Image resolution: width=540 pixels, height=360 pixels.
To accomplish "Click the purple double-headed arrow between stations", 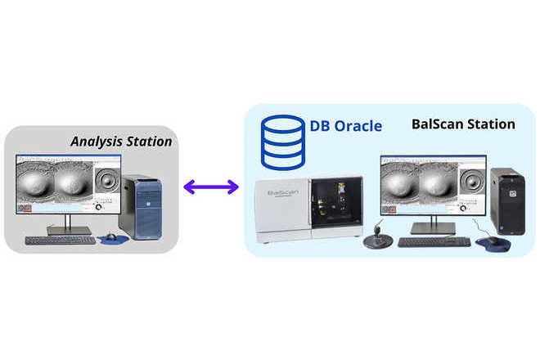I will [210, 187].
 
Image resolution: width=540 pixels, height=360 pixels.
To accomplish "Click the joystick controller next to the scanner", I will [380, 236].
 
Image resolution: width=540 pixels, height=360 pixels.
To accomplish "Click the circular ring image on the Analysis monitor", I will [107, 180].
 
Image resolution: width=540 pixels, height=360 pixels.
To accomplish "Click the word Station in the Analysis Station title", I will [150, 142].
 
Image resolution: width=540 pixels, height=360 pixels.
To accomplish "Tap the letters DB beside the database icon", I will [319, 126].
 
